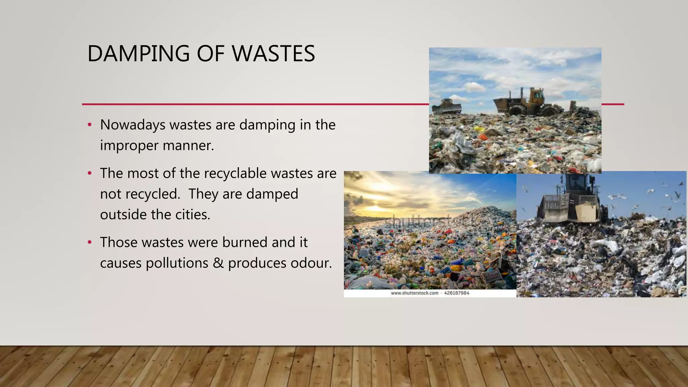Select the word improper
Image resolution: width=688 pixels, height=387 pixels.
(x=129, y=146)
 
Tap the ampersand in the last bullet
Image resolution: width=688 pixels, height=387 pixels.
(x=218, y=263)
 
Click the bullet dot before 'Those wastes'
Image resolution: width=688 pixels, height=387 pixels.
(x=89, y=242)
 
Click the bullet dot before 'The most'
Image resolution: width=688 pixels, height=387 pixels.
(x=89, y=173)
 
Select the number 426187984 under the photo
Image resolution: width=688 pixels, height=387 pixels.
(x=457, y=293)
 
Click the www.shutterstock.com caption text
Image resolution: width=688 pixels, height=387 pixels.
(x=415, y=293)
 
